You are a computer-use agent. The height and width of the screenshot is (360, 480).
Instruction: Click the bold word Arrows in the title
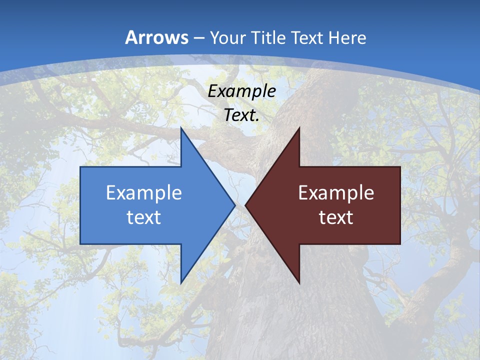157,37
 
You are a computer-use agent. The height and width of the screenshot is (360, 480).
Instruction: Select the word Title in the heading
268,38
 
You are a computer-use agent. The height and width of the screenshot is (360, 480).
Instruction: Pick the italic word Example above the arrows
241,91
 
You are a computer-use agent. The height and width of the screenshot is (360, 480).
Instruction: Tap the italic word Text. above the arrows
241,115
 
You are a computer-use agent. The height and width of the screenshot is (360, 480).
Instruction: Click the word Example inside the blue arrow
144,192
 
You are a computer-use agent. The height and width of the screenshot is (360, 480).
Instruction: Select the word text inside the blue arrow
144,217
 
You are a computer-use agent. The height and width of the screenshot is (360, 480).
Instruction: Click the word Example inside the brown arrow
336,192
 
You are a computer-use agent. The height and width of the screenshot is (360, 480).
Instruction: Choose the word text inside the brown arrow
336,217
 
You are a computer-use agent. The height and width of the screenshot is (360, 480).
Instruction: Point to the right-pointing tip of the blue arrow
234,205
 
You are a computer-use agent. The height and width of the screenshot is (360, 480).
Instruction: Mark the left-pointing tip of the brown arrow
245,205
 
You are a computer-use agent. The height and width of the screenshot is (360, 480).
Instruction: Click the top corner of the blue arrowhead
181,128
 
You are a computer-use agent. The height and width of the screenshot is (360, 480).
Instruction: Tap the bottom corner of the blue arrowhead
181,283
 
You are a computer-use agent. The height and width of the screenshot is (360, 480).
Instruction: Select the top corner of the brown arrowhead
299,128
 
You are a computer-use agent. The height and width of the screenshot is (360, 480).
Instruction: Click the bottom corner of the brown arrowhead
299,283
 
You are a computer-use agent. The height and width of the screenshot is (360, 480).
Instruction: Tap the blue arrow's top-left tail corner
80,167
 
